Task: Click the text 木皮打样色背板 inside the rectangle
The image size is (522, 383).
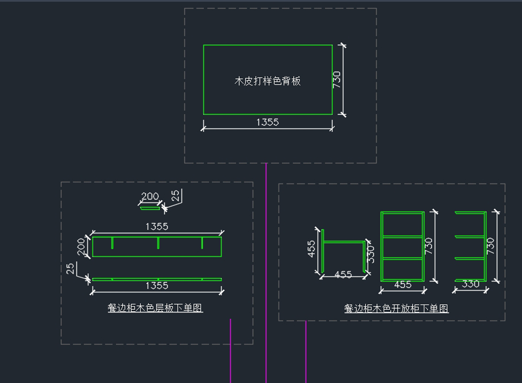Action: pyautogui.click(x=268, y=81)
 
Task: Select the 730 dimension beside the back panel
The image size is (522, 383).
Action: pyautogui.click(x=337, y=79)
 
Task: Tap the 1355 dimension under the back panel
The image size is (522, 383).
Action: pyautogui.click(x=268, y=122)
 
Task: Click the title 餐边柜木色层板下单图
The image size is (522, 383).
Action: pyautogui.click(x=155, y=308)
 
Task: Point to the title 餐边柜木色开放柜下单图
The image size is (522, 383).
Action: pyautogui.click(x=396, y=309)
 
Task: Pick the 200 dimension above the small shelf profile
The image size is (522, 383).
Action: pyautogui.click(x=150, y=197)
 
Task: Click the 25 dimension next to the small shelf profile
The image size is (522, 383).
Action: pyautogui.click(x=175, y=195)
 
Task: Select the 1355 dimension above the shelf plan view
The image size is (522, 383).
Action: pyautogui.click(x=157, y=227)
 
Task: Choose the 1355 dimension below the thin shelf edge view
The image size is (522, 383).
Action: pyautogui.click(x=157, y=286)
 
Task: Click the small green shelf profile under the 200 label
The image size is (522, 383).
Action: pyautogui.click(x=150, y=208)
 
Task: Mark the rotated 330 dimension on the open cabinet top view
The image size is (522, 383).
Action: pyautogui.click(x=371, y=254)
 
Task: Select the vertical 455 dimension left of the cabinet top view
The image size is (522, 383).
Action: pyautogui.click(x=312, y=249)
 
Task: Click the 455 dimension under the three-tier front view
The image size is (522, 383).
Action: pyautogui.click(x=402, y=285)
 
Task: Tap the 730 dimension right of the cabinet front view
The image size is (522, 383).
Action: pyautogui.click(x=429, y=246)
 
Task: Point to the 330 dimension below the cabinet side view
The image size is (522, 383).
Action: pyautogui.click(x=470, y=284)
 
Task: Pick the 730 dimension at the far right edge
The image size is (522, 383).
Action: pyautogui.click(x=491, y=246)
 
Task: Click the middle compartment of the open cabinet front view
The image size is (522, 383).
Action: pyautogui.click(x=402, y=248)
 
